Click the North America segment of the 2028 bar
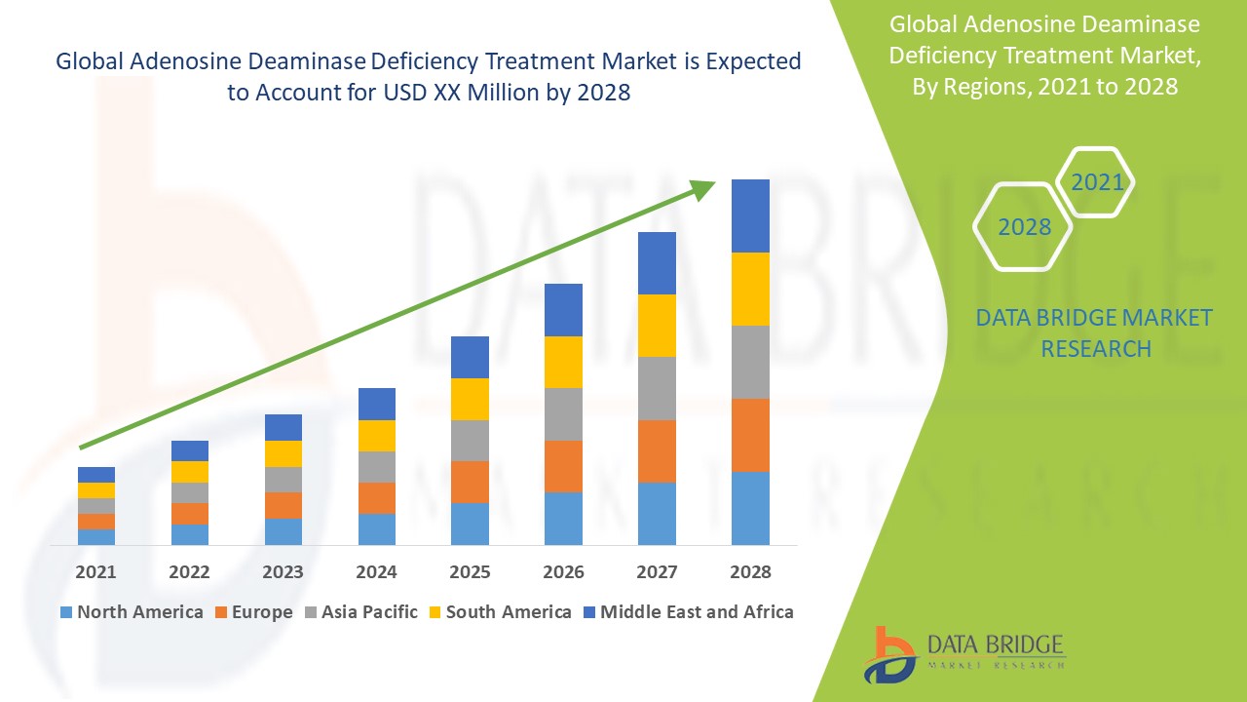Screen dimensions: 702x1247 click(x=750, y=508)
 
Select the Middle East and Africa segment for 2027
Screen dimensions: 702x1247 click(x=657, y=263)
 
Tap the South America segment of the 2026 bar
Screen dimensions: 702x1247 click(x=563, y=362)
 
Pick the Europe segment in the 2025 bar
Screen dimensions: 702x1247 click(x=470, y=482)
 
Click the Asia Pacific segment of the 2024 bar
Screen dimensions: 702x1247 click(x=377, y=467)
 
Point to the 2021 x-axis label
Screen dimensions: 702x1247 click(x=95, y=572)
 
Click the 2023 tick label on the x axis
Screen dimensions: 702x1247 click(x=283, y=572)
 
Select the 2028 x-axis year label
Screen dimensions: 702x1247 click(x=750, y=572)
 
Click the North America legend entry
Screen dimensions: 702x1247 click(x=131, y=612)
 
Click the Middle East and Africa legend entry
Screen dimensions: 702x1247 click(x=687, y=612)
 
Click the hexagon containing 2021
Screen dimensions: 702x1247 click(x=1096, y=182)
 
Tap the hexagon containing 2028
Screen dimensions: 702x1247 click(x=1024, y=227)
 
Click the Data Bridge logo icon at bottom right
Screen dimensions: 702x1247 click(x=888, y=653)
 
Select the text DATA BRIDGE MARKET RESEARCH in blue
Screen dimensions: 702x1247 click(x=1095, y=332)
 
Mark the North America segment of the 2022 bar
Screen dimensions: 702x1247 click(x=189, y=534)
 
